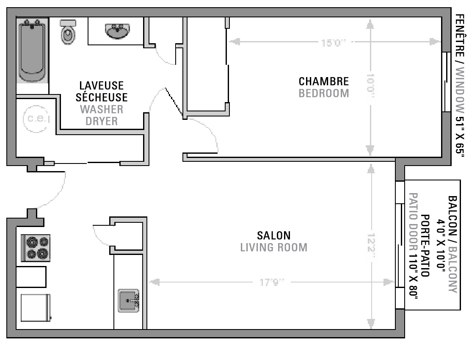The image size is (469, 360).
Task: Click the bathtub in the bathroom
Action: tap(32, 50)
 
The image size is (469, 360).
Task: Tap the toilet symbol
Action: tap(68, 32)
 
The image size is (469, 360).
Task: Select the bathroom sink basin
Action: tap(117, 30)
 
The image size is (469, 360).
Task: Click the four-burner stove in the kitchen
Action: tap(36, 248)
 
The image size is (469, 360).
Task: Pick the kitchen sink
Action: tap(129, 300)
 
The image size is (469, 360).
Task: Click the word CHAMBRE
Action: tap(324, 81)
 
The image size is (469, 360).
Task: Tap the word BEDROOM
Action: tap(324, 93)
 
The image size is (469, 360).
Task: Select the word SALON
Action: tap(274, 235)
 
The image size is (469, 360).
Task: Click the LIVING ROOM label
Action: tap(274, 247)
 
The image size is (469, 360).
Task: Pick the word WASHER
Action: tap(102, 109)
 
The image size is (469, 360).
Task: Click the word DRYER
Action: tap(102, 121)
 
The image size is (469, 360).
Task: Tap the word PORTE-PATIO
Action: tap(425, 246)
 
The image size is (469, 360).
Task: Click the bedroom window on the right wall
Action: tap(446, 82)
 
